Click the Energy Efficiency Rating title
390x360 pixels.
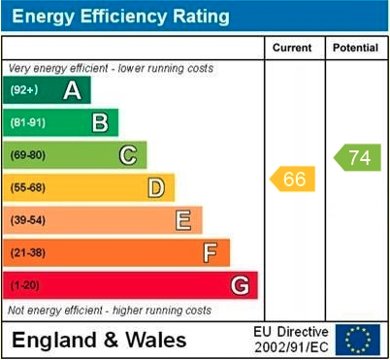pyautogui.click(x=117, y=16)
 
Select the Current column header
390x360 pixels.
pyautogui.click(x=292, y=48)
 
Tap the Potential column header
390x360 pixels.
pyautogui.click(x=355, y=48)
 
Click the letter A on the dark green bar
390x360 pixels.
pyautogui.click(x=72, y=90)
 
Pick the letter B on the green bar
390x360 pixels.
pyautogui.click(x=100, y=122)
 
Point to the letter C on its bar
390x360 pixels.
pyautogui.click(x=128, y=154)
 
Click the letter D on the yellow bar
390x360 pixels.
pyautogui.click(x=156, y=187)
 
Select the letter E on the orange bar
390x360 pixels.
pyautogui.click(x=182, y=220)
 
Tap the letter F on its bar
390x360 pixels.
pyautogui.click(x=210, y=253)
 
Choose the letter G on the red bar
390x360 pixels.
pyautogui.click(x=239, y=285)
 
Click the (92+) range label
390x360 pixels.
pyautogui.click(x=24, y=90)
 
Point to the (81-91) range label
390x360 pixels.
pyautogui.click(x=28, y=122)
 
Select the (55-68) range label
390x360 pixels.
pyautogui.click(x=28, y=187)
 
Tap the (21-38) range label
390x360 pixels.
pyautogui.click(x=28, y=253)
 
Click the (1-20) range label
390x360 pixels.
pyautogui.click(x=25, y=285)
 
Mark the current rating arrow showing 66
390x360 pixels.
pyautogui.click(x=293, y=179)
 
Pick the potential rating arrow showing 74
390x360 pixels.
pyautogui.click(x=357, y=157)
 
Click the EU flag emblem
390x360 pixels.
pyautogui.click(x=358, y=339)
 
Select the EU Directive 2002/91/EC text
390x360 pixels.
pyautogui.click(x=291, y=339)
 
